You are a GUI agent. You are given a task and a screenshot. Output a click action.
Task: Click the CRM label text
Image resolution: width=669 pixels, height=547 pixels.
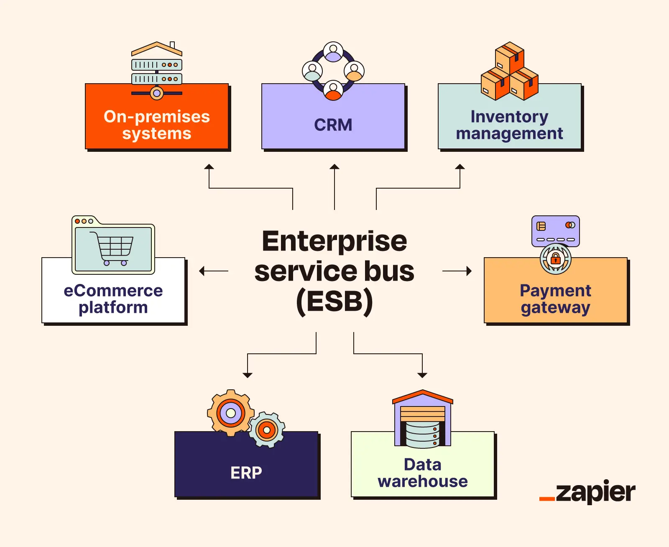point(333,125)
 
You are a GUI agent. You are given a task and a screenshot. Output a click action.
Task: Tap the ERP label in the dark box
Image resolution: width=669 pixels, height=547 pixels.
point(246,473)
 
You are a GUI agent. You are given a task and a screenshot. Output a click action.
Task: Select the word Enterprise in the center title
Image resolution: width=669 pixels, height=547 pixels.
point(334,241)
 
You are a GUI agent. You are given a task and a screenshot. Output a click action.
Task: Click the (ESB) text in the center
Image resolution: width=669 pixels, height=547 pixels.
point(334,302)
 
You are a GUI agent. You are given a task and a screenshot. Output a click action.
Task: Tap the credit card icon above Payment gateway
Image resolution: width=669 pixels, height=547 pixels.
point(555,231)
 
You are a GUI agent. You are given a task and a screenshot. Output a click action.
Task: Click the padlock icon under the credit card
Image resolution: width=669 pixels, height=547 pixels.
point(555,258)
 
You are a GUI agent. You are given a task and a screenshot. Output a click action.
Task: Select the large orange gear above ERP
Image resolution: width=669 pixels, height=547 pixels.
point(230,413)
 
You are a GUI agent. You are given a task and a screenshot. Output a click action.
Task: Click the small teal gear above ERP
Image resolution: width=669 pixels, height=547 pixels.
point(267,430)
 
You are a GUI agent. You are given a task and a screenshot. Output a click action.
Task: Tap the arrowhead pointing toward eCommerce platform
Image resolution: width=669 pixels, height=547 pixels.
point(202,271)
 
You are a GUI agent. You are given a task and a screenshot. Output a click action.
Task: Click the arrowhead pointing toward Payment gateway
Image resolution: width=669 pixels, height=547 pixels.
point(469,271)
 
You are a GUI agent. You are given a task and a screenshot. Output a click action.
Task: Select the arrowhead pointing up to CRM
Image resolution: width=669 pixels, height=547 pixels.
point(334,167)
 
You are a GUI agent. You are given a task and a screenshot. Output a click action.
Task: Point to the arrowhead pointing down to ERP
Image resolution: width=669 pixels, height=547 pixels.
point(248,375)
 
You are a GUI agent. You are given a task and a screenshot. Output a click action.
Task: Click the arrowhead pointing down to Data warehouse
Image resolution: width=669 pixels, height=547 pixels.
point(422,375)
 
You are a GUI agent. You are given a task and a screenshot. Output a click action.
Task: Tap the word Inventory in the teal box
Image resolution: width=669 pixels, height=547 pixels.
point(509,117)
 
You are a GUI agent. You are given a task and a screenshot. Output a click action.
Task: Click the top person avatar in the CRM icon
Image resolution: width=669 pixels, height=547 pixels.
point(333,52)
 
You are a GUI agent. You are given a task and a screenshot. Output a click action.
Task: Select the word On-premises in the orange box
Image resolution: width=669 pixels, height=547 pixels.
point(157,117)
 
